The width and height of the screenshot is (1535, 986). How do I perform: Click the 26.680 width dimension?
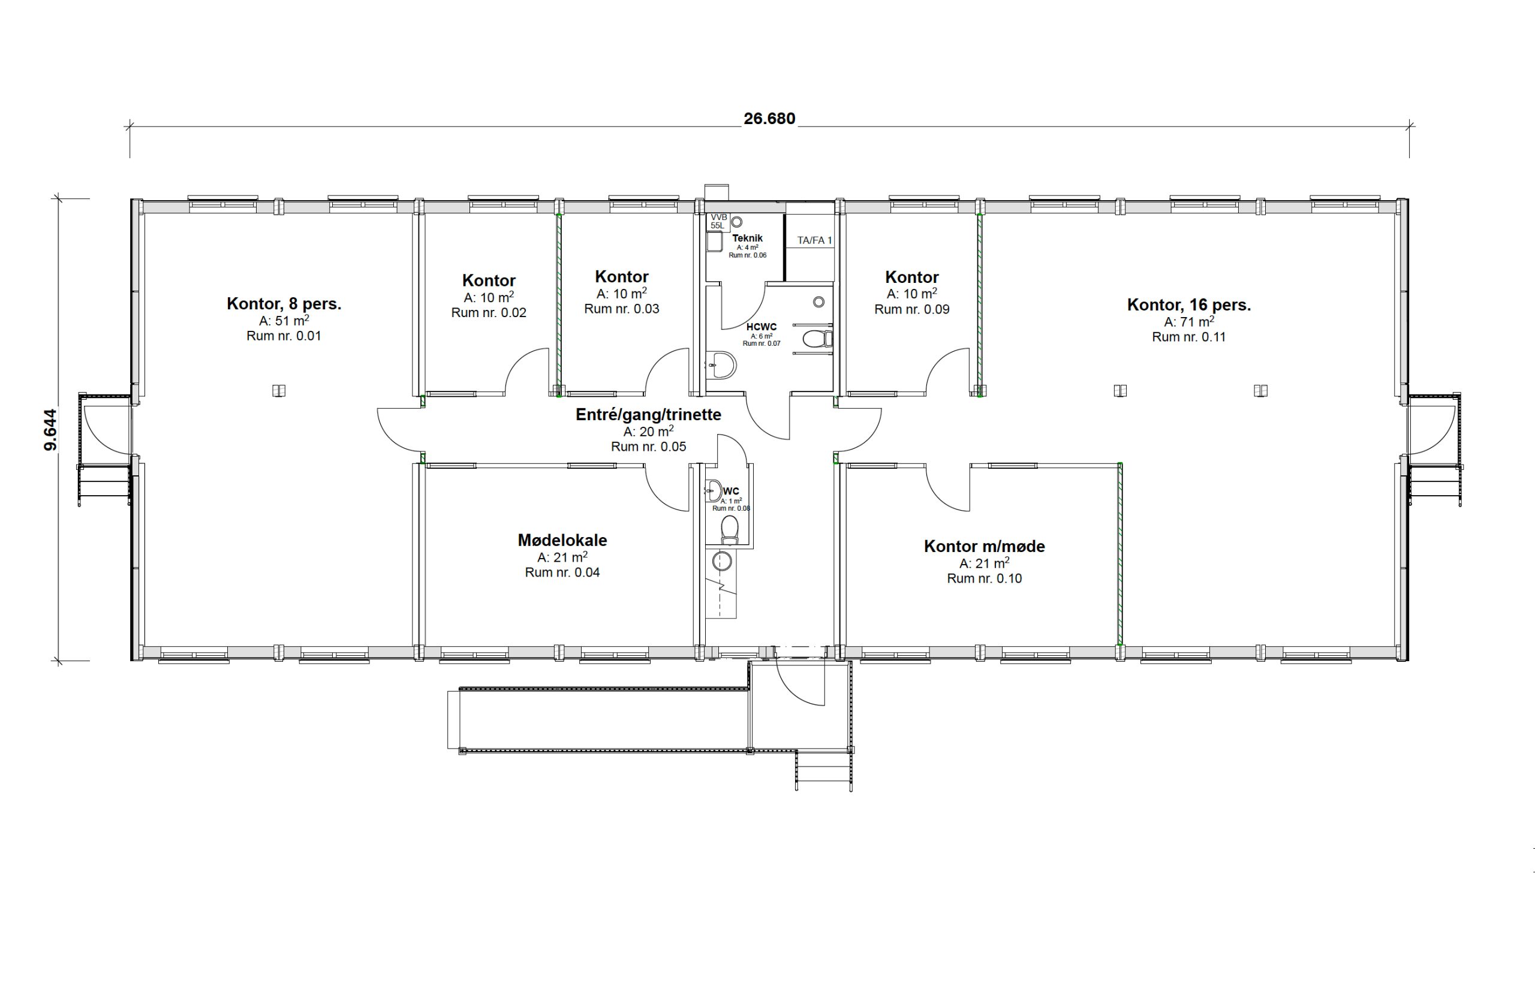pos(769,119)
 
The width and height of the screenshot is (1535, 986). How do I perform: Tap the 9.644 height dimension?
pos(50,430)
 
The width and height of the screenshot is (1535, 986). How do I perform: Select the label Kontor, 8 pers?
pos(284,303)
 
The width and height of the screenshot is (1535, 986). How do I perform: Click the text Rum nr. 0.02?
pos(489,312)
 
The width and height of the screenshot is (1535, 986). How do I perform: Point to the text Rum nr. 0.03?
pos(621,309)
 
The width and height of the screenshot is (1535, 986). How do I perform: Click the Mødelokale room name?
pos(562,539)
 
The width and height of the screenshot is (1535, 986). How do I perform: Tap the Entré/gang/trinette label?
pos(648,414)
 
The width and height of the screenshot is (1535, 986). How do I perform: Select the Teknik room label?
pos(747,238)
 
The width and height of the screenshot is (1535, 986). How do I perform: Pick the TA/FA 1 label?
pos(814,241)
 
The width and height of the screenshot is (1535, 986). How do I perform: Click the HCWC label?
pos(762,327)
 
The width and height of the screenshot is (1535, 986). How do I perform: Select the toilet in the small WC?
pos(729,530)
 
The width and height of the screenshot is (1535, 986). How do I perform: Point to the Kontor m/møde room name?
pos(985,546)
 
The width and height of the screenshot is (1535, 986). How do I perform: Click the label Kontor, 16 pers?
pos(1188,304)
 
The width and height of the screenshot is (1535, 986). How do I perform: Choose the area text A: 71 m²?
pos(1188,321)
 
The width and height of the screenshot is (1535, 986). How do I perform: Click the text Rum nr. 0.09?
pos(912,309)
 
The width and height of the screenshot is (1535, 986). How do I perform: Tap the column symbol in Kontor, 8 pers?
pos(279,390)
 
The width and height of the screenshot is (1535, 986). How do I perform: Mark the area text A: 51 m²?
pos(284,320)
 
